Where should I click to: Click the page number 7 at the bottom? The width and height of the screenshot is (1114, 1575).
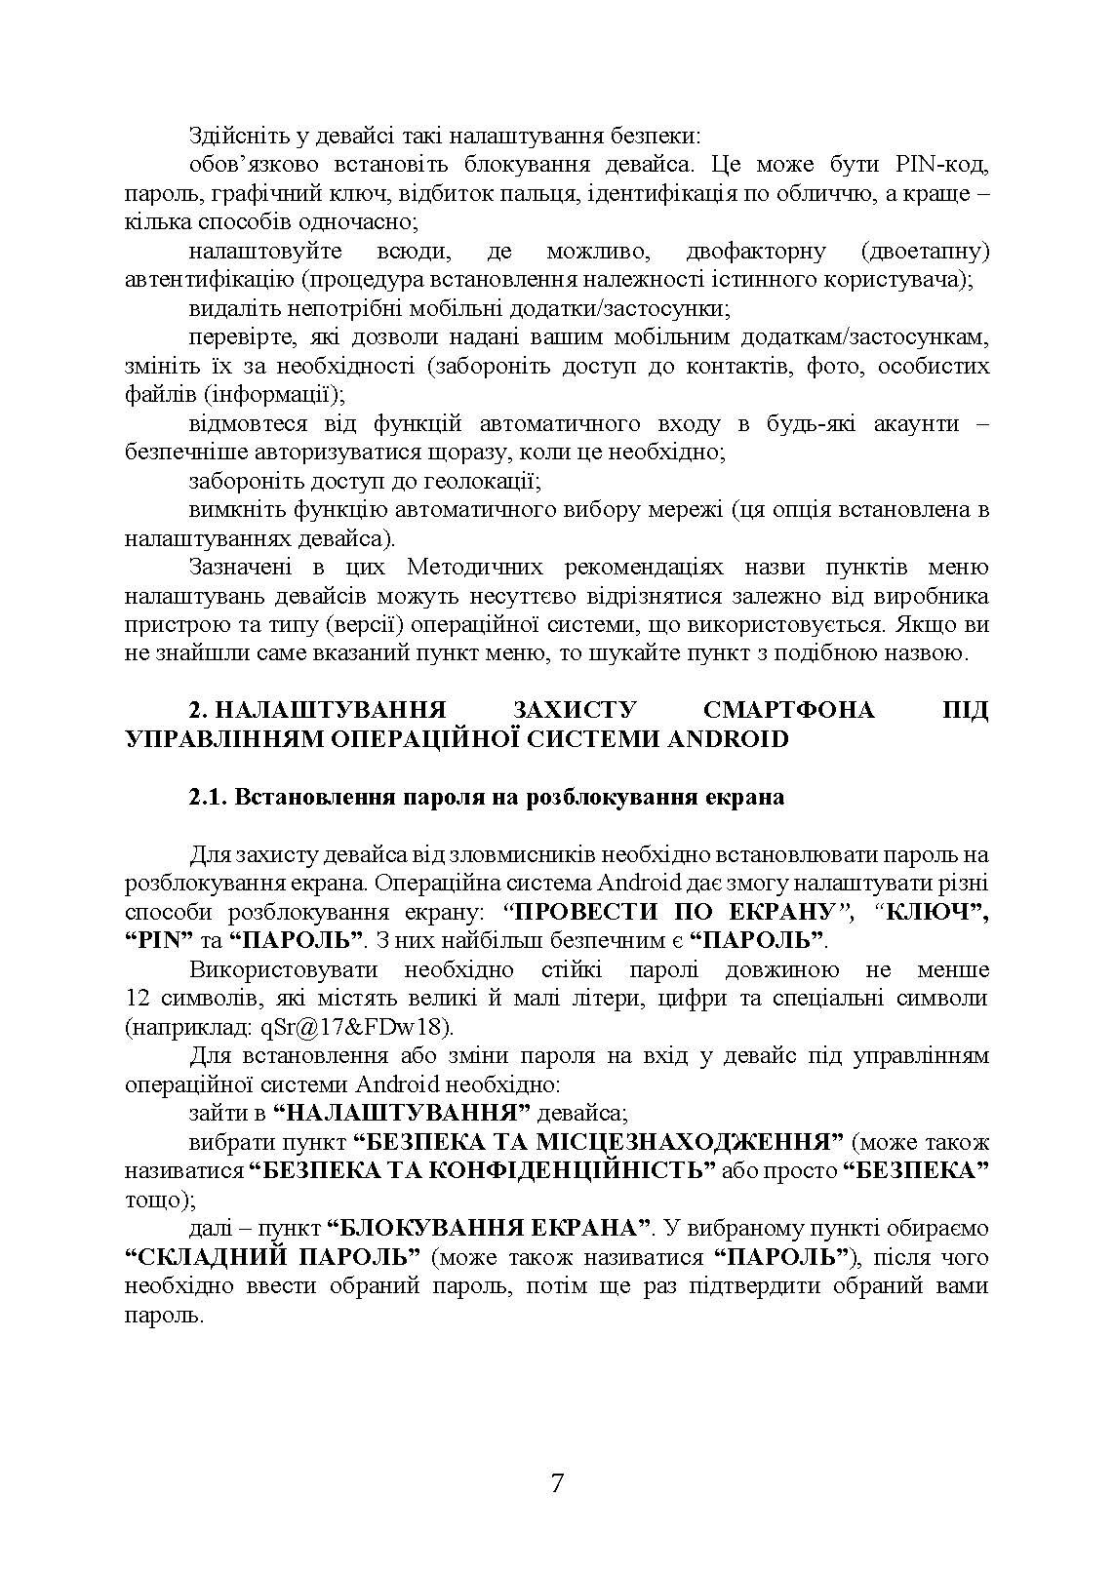click(557, 1484)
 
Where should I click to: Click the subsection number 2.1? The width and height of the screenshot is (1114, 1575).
click(207, 797)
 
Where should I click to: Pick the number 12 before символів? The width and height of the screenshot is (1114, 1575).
click(138, 999)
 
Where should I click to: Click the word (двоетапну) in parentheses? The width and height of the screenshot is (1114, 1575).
click(926, 252)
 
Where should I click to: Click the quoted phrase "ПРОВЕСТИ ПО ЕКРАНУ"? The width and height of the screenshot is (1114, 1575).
click(677, 913)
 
